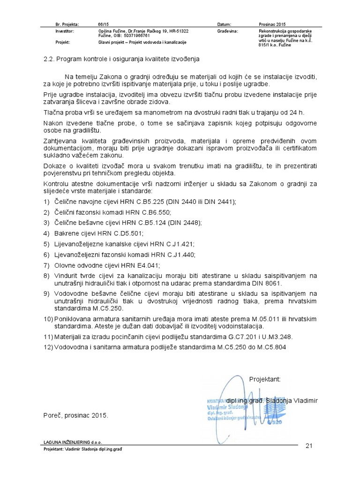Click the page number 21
click(308, 445)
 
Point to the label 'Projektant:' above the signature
click(264, 379)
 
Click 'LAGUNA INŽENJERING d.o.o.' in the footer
click(73, 442)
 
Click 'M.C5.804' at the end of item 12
click(270, 347)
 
